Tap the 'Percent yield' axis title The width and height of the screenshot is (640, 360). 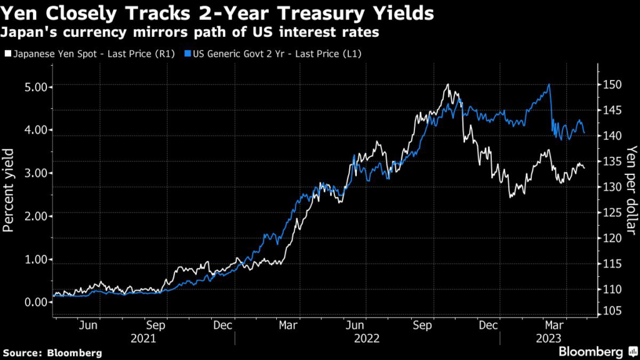9,191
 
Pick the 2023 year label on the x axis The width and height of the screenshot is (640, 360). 549,337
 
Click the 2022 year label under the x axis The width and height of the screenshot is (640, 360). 367,337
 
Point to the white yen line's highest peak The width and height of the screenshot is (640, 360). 447,84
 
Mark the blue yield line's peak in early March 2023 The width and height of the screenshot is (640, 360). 549,84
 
